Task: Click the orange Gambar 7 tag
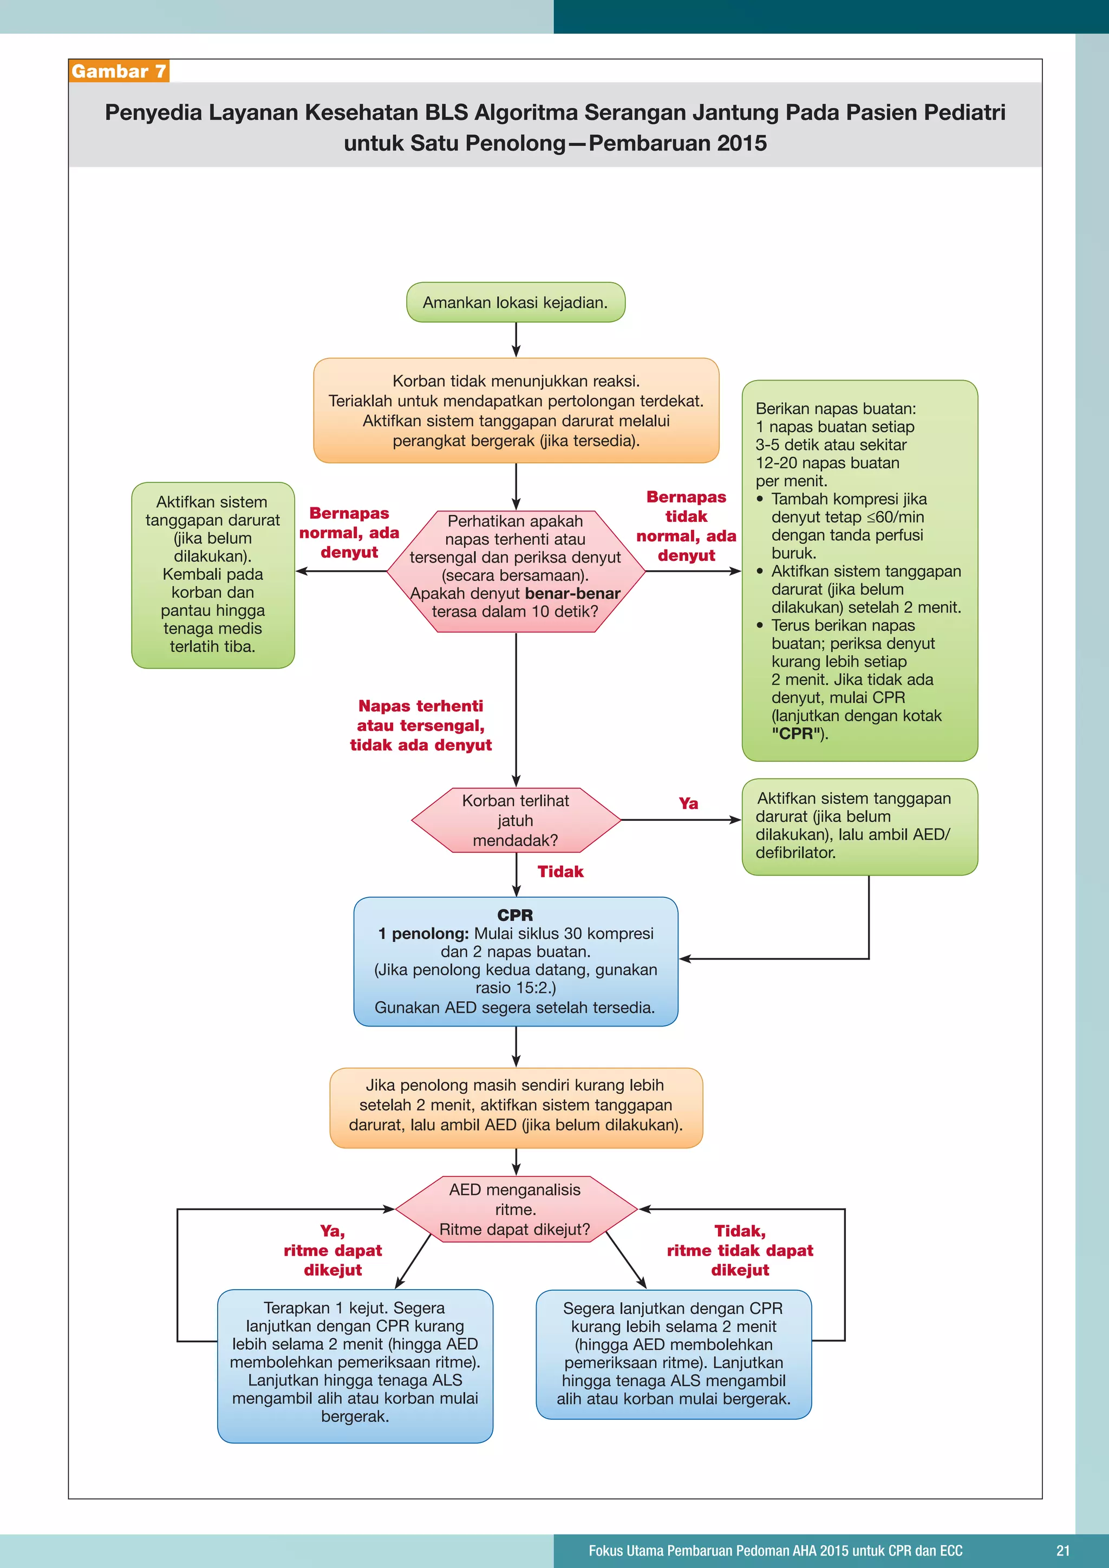pos(118,71)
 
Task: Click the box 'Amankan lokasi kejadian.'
pos(516,303)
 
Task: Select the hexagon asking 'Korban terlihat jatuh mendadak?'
pos(516,820)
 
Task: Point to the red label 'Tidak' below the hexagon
pos(560,871)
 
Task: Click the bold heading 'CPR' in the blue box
pos(516,915)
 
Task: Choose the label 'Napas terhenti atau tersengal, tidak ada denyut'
pos(421,726)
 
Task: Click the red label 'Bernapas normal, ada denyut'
pos(349,533)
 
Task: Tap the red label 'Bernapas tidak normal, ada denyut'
pos(686,526)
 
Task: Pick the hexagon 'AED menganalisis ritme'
pos(516,1210)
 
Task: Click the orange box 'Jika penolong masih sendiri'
pos(516,1106)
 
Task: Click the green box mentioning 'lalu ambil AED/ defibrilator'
pos(859,826)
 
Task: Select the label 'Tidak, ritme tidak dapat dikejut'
pos(740,1250)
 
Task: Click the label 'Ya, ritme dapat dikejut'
pos(332,1250)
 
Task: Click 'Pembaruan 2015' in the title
pos(677,143)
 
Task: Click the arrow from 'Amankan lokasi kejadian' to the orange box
pos(516,339)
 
